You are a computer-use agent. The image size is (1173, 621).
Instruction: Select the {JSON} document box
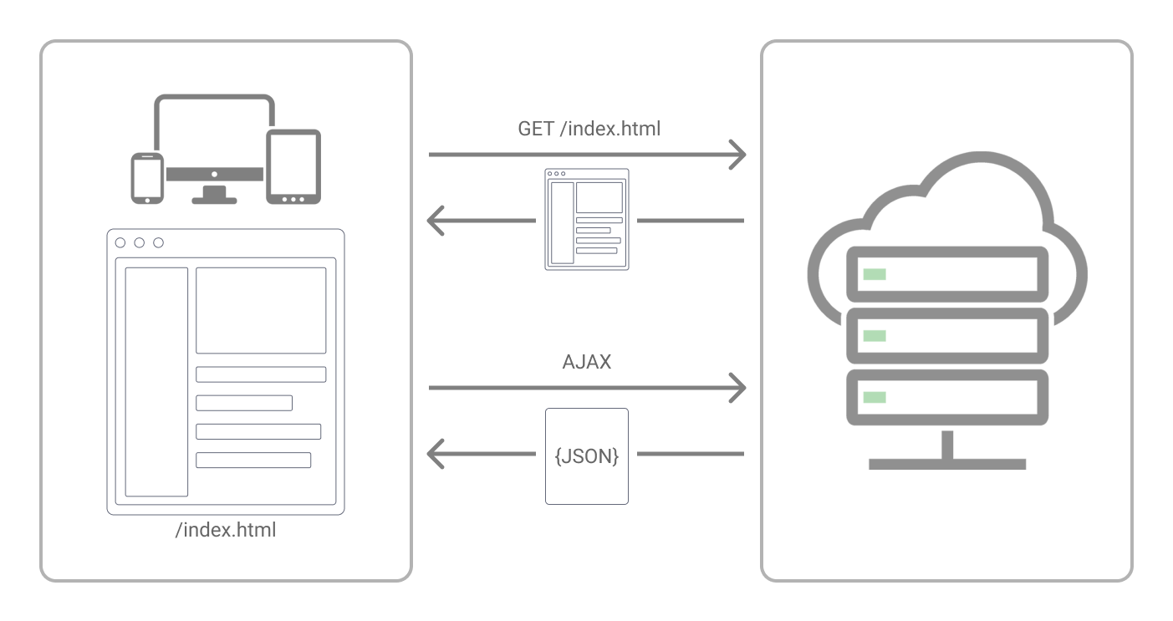point(586,456)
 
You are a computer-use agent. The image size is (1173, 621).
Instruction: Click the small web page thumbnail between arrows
point(586,219)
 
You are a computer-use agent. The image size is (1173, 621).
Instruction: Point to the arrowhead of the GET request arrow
point(737,155)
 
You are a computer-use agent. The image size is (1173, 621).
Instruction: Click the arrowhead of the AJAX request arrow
point(737,388)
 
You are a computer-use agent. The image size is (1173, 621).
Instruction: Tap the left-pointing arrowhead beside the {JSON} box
point(436,455)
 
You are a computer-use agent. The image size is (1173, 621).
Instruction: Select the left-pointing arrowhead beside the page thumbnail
point(436,221)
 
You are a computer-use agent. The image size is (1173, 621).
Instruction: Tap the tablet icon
point(293,166)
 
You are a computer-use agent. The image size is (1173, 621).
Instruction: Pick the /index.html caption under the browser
point(226,530)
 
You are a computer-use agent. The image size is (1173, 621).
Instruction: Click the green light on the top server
point(875,274)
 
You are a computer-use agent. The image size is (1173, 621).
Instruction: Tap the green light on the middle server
point(875,335)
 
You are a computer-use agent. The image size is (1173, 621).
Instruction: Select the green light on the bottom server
point(875,397)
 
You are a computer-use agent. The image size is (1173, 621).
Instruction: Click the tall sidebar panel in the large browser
point(156,382)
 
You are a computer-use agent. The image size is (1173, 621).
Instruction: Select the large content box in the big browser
point(261,310)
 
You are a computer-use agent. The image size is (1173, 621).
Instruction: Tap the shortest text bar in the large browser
point(244,403)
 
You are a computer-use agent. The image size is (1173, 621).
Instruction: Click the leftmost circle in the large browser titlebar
point(120,242)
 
